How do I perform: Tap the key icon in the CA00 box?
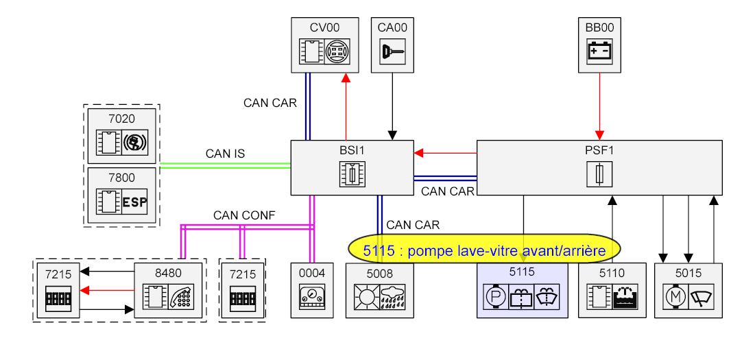pos(392,51)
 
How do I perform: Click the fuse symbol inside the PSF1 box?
pos(599,175)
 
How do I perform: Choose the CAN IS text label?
pos(221,154)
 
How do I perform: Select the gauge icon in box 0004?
pos(311,296)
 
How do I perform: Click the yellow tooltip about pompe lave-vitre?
pos(483,251)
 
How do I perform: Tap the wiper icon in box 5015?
pos(699,296)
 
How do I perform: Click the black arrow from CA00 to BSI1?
pos(392,103)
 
